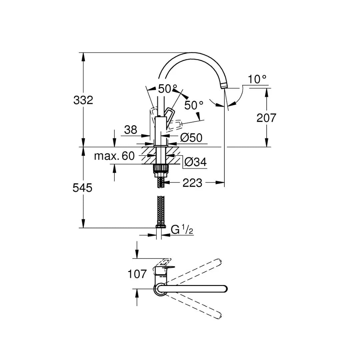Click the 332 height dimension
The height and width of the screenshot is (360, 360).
[x=83, y=99]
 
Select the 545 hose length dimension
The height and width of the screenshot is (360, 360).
[x=82, y=188]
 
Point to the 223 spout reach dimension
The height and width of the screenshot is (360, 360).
[x=192, y=183]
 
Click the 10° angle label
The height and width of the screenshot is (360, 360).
[x=257, y=79]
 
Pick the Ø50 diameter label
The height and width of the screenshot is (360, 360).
[x=191, y=137]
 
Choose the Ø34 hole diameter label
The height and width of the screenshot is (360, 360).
[x=195, y=162]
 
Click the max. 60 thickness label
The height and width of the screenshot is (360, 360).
[x=114, y=156]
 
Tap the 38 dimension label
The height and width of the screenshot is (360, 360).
[x=130, y=130]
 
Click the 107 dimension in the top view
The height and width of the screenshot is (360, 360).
[x=137, y=274]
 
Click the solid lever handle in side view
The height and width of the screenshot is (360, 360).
[x=169, y=115]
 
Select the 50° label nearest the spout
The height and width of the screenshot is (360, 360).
[x=194, y=105]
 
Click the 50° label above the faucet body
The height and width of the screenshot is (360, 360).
[x=168, y=89]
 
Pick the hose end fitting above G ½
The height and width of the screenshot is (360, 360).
[x=160, y=226]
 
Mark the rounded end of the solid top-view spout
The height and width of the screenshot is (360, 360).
[x=224, y=289]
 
